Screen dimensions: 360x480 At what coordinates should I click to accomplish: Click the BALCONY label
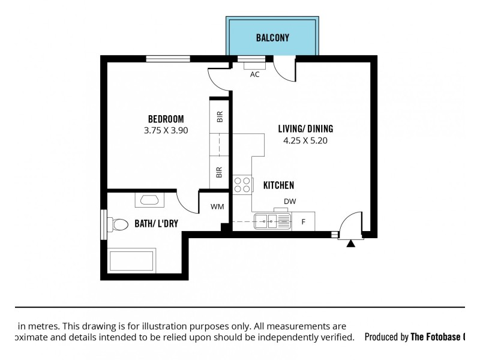[x=272, y=38]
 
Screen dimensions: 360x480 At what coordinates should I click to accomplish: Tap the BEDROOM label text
[x=166, y=119]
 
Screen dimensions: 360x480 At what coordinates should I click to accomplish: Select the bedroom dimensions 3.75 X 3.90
[x=166, y=130]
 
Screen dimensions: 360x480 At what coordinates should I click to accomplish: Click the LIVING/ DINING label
[x=305, y=128]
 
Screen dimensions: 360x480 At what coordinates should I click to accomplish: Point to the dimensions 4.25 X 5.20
[x=305, y=141]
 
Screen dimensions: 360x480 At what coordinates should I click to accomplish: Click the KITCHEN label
[x=278, y=185]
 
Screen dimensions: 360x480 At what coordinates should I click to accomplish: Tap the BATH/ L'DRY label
[x=155, y=224]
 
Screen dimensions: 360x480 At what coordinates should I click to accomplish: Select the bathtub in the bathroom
[x=131, y=261]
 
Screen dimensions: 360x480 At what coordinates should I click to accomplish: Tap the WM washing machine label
[x=217, y=207]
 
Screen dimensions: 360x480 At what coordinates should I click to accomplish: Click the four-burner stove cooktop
[x=242, y=184]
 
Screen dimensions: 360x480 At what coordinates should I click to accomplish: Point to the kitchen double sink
[x=272, y=221]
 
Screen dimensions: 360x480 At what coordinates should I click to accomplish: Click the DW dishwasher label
[x=290, y=202]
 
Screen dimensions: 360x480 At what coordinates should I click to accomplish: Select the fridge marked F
[x=304, y=222]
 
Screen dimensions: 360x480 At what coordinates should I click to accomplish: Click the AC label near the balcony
[x=254, y=74]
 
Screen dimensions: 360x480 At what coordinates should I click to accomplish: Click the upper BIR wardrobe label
[x=220, y=116]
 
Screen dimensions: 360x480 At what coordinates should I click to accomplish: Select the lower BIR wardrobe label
[x=220, y=172]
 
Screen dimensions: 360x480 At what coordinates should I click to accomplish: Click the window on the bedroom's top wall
[x=168, y=58]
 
